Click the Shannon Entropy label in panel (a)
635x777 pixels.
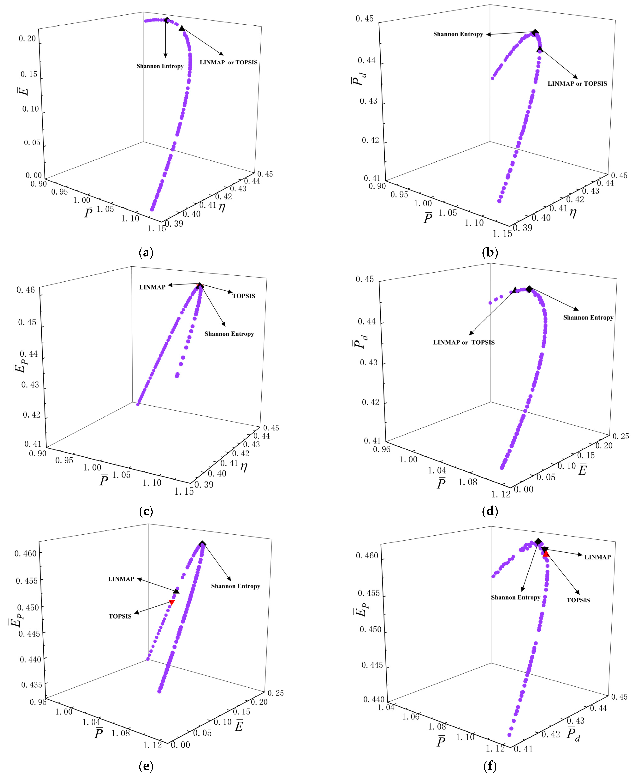point(160,66)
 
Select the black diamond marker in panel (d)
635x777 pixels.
point(529,289)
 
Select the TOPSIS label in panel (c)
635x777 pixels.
point(244,296)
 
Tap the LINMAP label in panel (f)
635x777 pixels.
point(597,557)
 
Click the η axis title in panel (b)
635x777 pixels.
point(573,212)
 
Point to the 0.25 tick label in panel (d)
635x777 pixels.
point(621,436)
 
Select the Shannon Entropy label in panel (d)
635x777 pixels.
point(588,317)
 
